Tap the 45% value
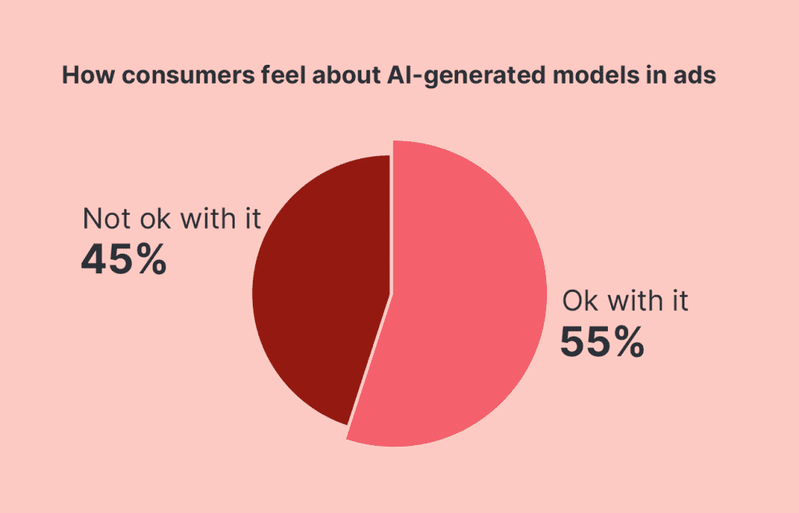click(123, 261)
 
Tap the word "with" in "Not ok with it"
click(206, 219)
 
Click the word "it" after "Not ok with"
click(250, 219)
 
